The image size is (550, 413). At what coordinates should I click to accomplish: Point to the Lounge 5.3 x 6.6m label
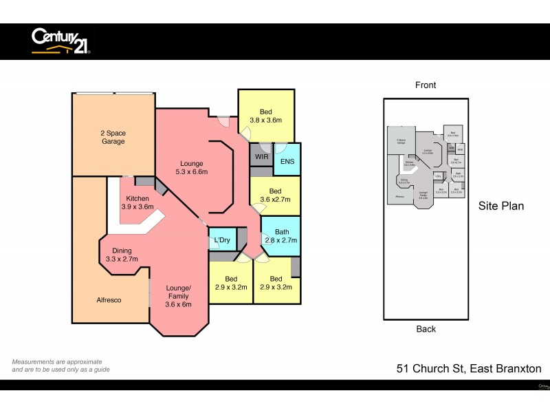pos(192,167)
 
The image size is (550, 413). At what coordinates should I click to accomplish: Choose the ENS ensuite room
pos(287,162)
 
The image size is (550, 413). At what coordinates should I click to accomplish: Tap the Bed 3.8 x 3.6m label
pos(266,116)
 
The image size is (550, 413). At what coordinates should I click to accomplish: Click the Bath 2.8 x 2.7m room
pos(280,236)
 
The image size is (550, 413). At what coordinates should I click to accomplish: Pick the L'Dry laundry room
pos(222,240)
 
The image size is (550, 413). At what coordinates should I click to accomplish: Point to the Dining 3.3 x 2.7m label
pos(122,255)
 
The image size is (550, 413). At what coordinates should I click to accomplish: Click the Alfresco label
pos(110,300)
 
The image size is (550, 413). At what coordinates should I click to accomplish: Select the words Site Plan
pos(501,205)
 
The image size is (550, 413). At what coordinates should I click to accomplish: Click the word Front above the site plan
pos(426,85)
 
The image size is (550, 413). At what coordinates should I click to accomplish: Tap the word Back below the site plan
pos(426,329)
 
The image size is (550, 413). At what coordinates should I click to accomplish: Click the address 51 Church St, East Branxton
pos(469,369)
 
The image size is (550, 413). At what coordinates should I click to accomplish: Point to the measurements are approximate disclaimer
pos(60,366)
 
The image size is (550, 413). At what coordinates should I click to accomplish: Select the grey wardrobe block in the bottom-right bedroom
pos(296,266)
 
